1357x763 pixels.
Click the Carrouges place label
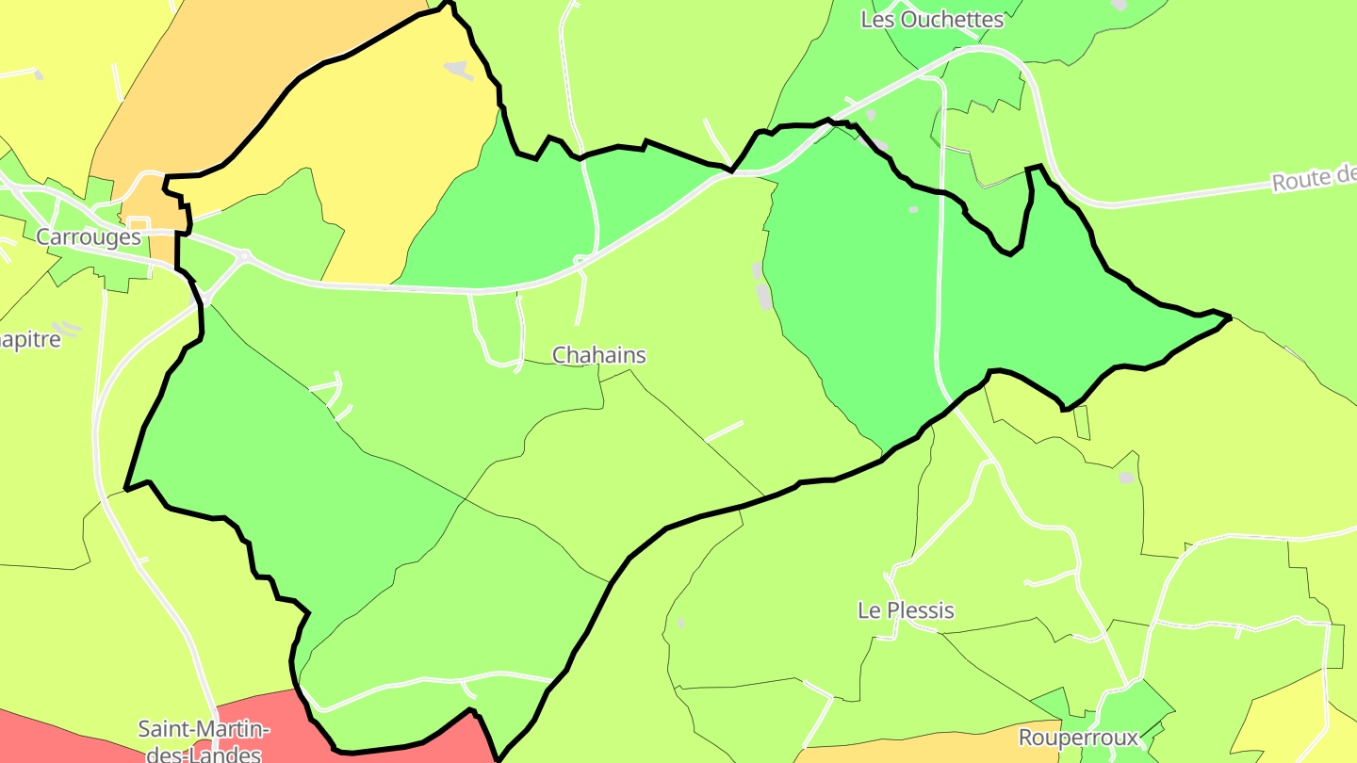[x=89, y=237]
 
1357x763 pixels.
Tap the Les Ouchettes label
[x=932, y=20]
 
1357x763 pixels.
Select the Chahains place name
[x=599, y=355]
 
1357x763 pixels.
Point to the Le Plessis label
[x=906, y=610]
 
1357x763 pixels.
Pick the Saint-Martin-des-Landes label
[x=204, y=740]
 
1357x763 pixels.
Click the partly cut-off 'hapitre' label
[x=30, y=339]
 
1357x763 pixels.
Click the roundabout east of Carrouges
[x=244, y=255]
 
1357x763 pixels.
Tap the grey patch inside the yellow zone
[x=457, y=69]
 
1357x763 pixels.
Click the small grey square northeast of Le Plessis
[x=1126, y=478]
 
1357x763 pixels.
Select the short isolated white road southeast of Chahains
[x=724, y=431]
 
